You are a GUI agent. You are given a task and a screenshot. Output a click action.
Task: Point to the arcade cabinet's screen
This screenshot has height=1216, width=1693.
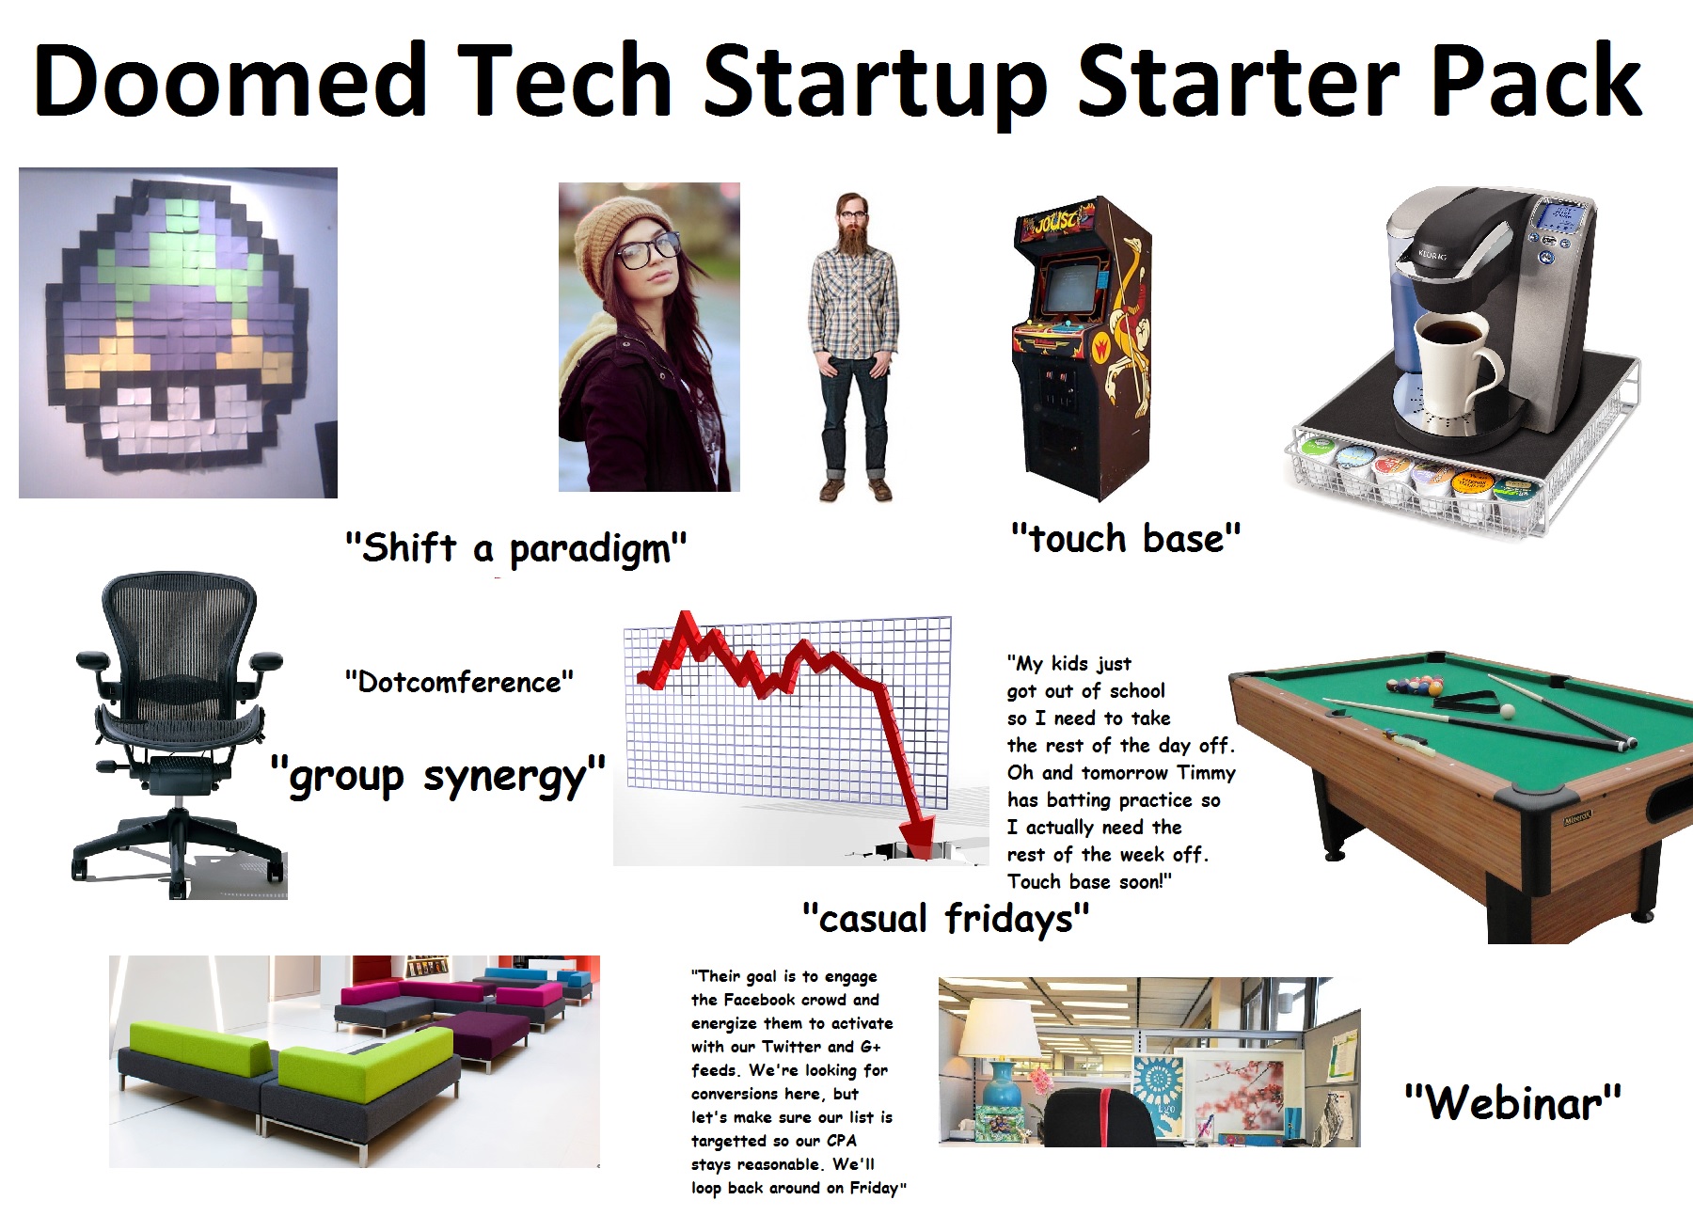pyautogui.click(x=1069, y=286)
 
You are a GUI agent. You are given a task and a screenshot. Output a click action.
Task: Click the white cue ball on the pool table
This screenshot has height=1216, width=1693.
pyautogui.click(x=1508, y=711)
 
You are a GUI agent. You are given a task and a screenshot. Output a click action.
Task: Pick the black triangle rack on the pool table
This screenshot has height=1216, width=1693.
pyautogui.click(x=1462, y=702)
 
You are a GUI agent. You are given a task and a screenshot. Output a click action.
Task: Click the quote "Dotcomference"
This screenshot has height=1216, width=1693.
pyautogui.click(x=459, y=681)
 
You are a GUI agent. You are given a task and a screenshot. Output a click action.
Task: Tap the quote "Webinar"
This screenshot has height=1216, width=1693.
pyautogui.click(x=1512, y=1101)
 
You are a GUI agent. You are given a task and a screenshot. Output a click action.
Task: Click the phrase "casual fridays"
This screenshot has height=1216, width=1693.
pyautogui.click(x=945, y=918)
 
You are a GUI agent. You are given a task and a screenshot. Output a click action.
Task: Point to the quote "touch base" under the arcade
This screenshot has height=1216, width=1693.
pyautogui.click(x=1126, y=539)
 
